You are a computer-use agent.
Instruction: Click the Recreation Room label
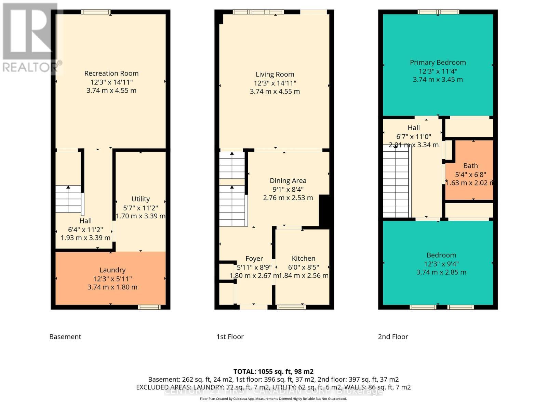point(111,73)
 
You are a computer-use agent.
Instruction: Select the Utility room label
point(141,199)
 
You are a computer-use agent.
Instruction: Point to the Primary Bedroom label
point(438,62)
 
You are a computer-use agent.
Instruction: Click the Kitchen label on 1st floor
point(303,258)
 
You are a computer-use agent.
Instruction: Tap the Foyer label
point(254,259)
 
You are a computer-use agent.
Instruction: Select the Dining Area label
point(288,181)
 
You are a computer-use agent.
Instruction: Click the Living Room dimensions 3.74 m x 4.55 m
point(275,91)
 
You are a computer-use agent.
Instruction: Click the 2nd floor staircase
point(395,181)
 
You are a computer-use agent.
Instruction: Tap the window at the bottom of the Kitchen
point(291,307)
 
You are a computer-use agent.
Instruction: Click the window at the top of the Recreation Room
point(96,12)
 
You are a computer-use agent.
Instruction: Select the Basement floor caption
point(65,337)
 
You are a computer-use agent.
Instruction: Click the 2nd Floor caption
point(393,337)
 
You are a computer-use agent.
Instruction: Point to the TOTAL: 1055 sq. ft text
point(273,371)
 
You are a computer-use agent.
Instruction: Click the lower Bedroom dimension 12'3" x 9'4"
point(441,264)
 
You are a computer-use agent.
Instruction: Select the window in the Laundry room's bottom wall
point(149,307)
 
